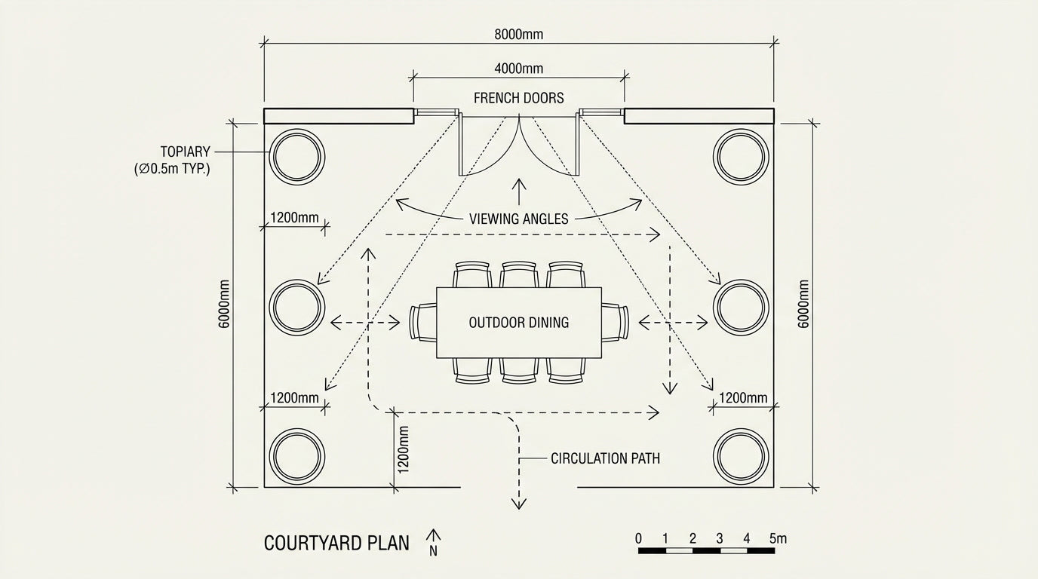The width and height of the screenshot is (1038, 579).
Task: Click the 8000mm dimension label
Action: (518, 34)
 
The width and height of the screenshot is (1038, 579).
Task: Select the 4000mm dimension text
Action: (518, 69)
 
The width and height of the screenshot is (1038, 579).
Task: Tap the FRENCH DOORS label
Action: (518, 98)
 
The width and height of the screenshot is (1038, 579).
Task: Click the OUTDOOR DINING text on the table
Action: (519, 323)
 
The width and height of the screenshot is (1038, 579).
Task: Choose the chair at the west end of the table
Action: (423, 323)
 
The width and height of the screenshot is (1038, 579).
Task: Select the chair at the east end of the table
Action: (615, 323)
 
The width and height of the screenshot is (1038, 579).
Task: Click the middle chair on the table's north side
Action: (519, 274)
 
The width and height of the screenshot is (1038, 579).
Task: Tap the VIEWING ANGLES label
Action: (519, 219)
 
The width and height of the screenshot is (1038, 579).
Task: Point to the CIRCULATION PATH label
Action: (605, 458)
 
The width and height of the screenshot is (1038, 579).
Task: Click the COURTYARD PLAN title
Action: (336, 543)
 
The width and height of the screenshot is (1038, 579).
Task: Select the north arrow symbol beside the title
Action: (434, 541)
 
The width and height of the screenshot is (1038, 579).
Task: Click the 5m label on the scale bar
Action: (778, 538)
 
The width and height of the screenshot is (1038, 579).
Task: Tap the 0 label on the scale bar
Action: (639, 538)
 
